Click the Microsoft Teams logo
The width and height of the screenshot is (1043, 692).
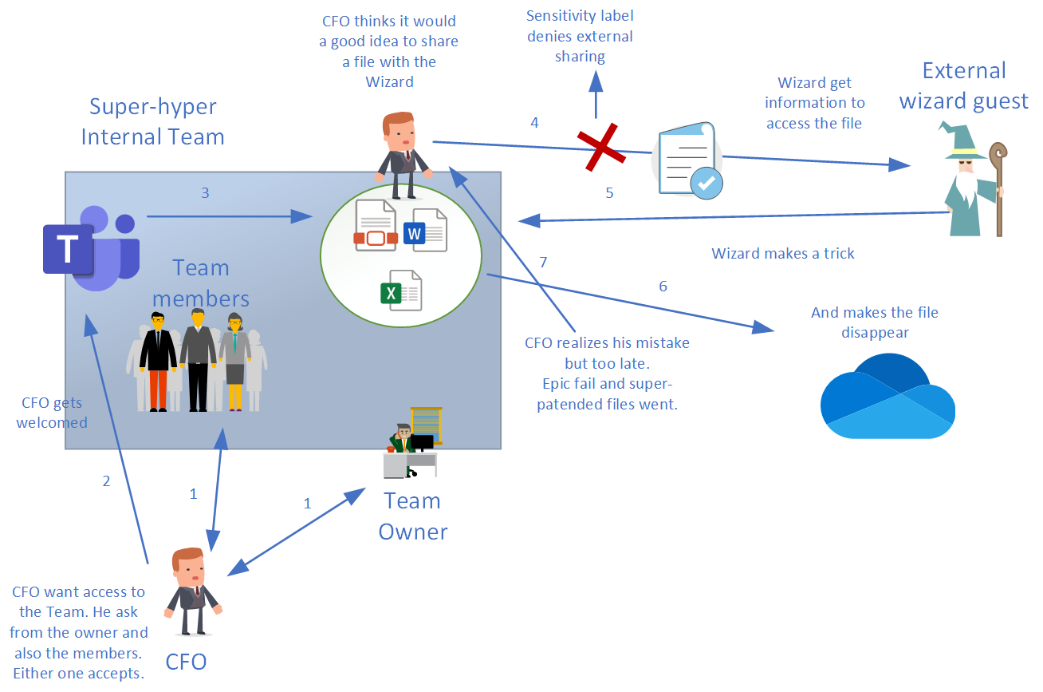pos(92,248)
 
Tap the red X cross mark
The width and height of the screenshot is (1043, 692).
pos(603,148)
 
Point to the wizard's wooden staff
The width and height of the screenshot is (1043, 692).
pos(998,188)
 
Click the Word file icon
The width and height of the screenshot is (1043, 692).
pos(424,231)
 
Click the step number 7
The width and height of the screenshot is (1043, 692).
pos(544,263)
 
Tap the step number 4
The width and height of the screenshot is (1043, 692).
pos(534,123)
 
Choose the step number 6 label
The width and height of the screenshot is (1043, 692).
pos(663,287)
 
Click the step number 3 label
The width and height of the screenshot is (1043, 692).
pos(205,192)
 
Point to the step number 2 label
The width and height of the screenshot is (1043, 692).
pos(106,481)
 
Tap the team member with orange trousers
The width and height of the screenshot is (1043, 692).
pos(158,364)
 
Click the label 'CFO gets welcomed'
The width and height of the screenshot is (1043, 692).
pos(52,413)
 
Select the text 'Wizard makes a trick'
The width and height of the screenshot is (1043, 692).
pos(783,254)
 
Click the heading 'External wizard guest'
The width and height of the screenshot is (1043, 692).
pos(963,85)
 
